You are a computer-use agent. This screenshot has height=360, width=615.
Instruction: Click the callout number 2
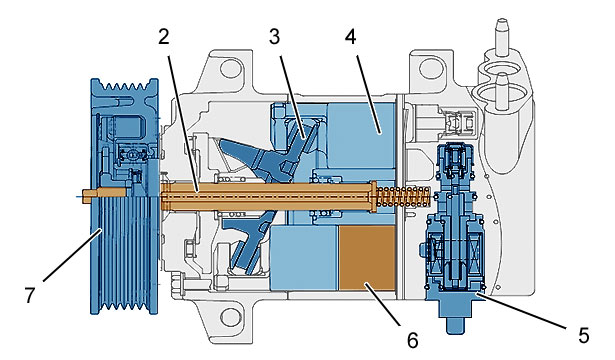pyautogui.click(x=164, y=37)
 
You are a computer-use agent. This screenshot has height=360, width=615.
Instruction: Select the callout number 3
pyautogui.click(x=274, y=37)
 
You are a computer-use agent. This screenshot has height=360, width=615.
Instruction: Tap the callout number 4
pyautogui.click(x=351, y=37)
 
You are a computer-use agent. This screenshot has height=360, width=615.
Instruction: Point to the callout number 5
pyautogui.click(x=584, y=336)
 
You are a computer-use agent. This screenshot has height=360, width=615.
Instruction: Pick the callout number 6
pyautogui.click(x=413, y=340)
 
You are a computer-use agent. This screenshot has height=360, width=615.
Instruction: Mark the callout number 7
pyautogui.click(x=30, y=295)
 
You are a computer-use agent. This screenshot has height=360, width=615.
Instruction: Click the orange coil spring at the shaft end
pyautogui.click(x=403, y=196)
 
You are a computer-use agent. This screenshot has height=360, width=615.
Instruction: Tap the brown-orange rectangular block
pyautogui.click(x=367, y=258)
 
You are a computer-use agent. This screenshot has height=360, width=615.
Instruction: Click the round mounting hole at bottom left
pyautogui.click(x=230, y=317)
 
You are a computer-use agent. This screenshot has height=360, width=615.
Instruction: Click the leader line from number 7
pyautogui.click(x=72, y=255)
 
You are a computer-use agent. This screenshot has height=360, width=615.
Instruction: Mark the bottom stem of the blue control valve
pyautogui.click(x=456, y=324)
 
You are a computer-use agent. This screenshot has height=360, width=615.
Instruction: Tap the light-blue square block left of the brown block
pyautogui.click(x=304, y=258)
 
